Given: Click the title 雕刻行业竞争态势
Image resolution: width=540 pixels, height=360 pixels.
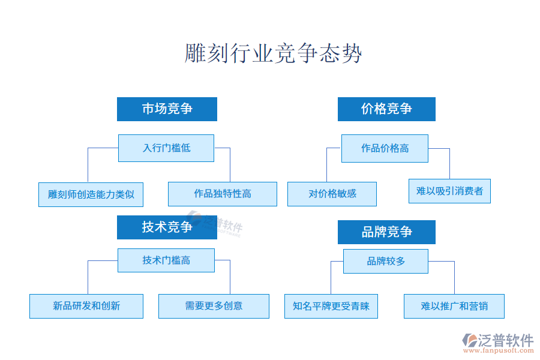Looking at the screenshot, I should tap(274, 53).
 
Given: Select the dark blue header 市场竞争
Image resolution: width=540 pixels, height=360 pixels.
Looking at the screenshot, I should tap(167, 109).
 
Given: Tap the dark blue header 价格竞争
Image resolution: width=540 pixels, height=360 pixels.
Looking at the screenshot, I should tap(386, 109).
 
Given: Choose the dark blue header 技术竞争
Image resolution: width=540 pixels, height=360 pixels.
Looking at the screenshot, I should tap(167, 227).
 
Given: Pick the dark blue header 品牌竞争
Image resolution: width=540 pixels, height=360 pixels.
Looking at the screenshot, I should tap(386, 232).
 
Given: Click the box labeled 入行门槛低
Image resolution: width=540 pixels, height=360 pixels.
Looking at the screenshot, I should tap(166, 148).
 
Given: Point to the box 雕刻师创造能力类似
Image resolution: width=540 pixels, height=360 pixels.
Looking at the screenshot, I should tap(91, 194).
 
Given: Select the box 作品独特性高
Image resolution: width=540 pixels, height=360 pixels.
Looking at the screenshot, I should tap(223, 194).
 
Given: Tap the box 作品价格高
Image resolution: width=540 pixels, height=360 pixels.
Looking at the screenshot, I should tap(385, 148).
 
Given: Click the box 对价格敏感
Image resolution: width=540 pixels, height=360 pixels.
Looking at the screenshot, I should tap(332, 194).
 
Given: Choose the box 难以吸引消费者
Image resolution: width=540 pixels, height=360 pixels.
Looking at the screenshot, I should tap(449, 191).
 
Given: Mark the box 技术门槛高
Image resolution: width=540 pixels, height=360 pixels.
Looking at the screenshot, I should tap(166, 260).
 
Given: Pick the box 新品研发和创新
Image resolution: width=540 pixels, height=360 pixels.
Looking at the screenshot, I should tap(86, 306).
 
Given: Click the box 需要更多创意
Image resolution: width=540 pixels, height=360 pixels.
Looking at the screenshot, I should tap(214, 306).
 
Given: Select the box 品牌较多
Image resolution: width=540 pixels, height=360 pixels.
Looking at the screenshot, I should tap(386, 261).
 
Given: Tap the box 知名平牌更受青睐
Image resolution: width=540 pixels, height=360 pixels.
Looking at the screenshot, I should tap(331, 306).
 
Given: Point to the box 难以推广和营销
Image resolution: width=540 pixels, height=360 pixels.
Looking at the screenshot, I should tap(454, 306).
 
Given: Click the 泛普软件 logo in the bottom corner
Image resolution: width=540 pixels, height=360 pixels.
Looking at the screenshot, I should tap(497, 340).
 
